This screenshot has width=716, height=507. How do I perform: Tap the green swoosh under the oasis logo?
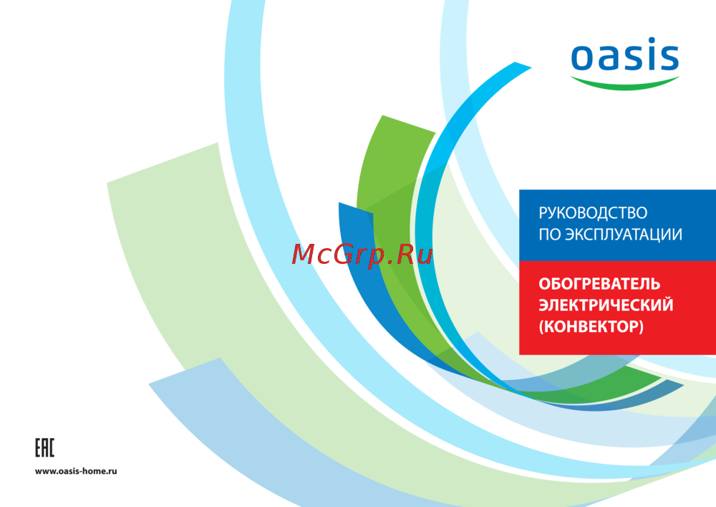click(x=624, y=85)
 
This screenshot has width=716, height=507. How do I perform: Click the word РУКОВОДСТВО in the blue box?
click(x=593, y=213)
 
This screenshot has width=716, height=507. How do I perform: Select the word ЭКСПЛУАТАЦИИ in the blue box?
click(x=624, y=234)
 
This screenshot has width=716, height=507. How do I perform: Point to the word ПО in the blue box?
click(x=550, y=234)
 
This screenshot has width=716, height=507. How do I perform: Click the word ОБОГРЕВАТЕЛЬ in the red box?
click(x=599, y=284)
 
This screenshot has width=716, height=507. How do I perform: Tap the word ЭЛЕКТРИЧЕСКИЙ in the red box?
click(x=606, y=305)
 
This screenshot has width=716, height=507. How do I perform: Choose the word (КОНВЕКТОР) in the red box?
click(x=591, y=326)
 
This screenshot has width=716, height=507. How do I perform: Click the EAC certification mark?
click(x=44, y=447)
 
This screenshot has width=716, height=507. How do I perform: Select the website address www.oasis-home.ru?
click(x=76, y=471)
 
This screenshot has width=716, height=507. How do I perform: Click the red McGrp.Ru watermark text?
click(x=362, y=255)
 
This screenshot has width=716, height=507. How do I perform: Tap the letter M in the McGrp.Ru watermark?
click(x=304, y=254)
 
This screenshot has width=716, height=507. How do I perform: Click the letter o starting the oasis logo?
click(x=583, y=57)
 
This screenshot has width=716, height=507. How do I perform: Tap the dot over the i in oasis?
click(x=650, y=39)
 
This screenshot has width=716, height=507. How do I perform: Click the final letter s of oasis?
click(x=669, y=57)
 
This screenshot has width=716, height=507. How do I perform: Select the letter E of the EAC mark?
click(x=39, y=447)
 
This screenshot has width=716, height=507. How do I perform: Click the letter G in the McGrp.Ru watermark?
click(x=343, y=254)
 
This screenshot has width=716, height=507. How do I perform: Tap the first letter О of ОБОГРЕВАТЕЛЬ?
click(x=545, y=284)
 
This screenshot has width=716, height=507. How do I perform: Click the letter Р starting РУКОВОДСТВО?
click(x=543, y=213)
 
